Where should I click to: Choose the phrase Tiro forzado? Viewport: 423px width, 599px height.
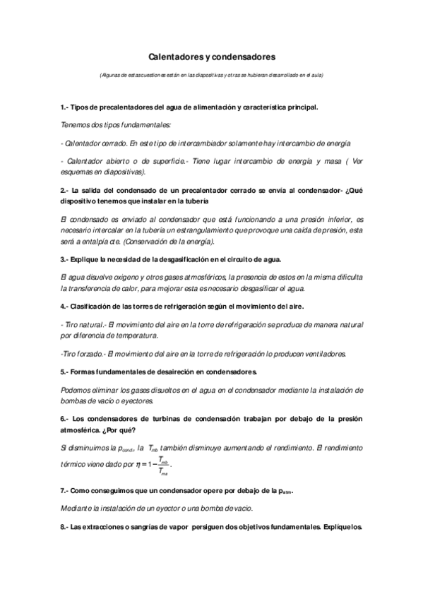[84, 354]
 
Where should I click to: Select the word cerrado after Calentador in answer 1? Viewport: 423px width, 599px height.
[112, 141]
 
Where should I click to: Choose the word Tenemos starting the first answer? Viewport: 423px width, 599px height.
[77, 124]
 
